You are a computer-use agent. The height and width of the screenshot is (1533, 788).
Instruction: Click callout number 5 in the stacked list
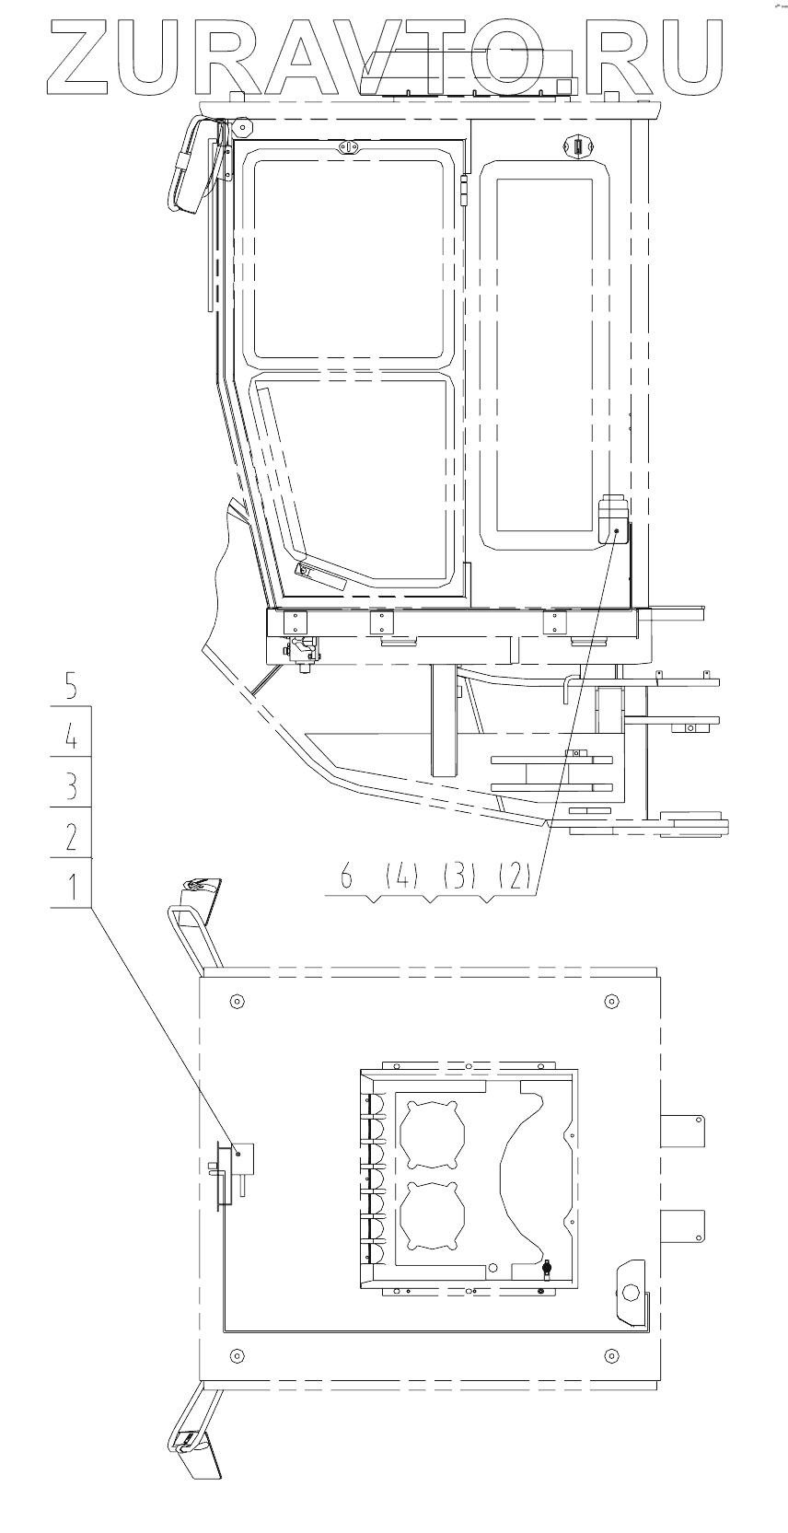(x=71, y=686)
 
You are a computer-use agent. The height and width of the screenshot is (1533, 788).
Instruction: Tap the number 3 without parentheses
(x=71, y=785)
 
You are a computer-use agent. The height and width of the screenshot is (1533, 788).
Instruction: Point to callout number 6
(x=346, y=877)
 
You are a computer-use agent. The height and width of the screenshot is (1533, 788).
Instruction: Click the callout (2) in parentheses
(x=515, y=877)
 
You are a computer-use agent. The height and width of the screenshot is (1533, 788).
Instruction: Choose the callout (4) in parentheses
(x=402, y=877)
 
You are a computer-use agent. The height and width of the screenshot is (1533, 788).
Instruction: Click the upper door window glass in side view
(x=349, y=258)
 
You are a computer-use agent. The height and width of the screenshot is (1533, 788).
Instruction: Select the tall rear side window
(x=543, y=354)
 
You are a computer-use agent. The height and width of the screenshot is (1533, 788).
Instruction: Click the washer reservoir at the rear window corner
(x=612, y=523)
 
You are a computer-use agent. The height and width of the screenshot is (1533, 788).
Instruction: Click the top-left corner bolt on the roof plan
(x=238, y=1001)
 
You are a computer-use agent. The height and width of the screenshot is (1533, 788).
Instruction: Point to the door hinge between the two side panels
(x=464, y=194)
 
